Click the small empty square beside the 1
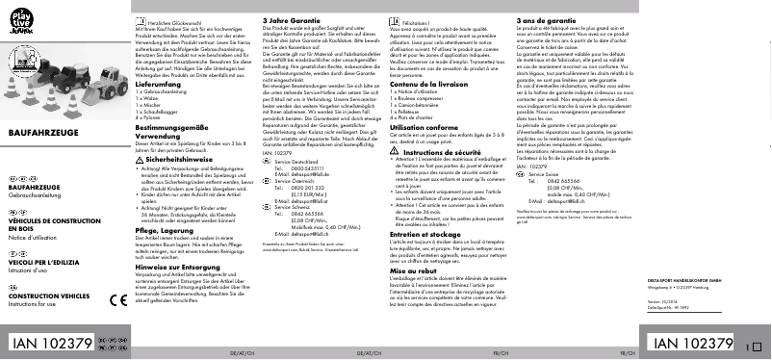click(755, 345)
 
